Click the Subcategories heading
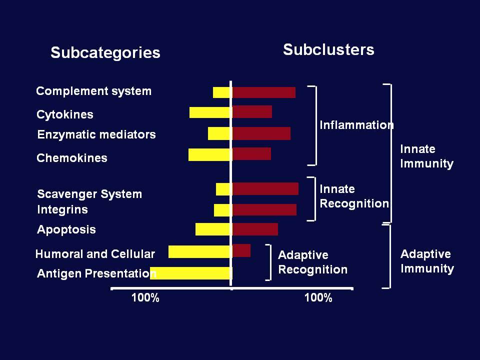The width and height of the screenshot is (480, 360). [x=105, y=52]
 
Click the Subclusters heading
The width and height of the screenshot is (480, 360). [x=328, y=49]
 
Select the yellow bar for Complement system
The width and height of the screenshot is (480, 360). [x=221, y=92]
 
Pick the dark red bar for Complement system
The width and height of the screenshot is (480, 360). [x=264, y=92]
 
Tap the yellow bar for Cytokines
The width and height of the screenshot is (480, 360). [x=209, y=112]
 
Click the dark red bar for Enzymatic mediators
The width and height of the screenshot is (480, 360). [x=261, y=133]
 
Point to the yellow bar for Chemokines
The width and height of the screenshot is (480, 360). [x=209, y=154]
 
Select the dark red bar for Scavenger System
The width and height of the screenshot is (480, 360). [x=265, y=189]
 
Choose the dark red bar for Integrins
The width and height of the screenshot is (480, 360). [x=264, y=209]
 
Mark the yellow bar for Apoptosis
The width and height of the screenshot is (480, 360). [x=213, y=229]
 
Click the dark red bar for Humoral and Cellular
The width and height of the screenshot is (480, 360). [x=241, y=250]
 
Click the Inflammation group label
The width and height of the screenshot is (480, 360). [x=356, y=125]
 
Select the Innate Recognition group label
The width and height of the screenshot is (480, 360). [x=354, y=196]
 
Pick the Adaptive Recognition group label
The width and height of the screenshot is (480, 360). [x=312, y=262]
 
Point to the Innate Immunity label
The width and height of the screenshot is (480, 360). [x=426, y=156]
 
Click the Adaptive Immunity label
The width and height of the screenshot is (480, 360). [x=427, y=261]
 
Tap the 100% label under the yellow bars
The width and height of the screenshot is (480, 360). [x=145, y=297]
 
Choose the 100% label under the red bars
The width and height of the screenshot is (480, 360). [x=318, y=297]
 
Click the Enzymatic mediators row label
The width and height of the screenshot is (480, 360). [x=96, y=134]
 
